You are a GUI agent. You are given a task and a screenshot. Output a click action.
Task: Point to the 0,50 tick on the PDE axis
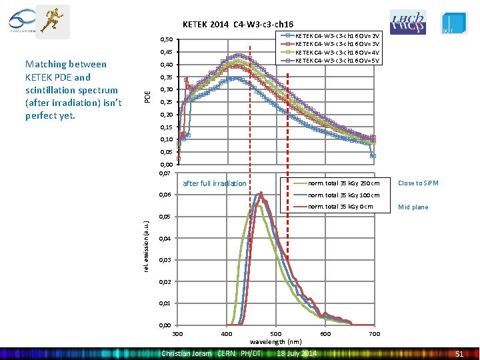pyautogui.click(x=167, y=40)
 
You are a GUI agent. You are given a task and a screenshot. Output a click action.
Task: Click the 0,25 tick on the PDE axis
pyautogui.click(x=167, y=102)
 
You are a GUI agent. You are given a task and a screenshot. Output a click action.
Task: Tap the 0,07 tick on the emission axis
pyautogui.click(x=167, y=173)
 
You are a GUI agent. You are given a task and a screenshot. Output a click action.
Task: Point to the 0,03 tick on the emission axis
pyautogui.click(x=167, y=260)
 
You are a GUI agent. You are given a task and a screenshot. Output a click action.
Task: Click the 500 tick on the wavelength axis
pyautogui.click(x=275, y=333)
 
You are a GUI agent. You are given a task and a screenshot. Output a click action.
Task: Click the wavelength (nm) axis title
pyautogui.click(x=275, y=341)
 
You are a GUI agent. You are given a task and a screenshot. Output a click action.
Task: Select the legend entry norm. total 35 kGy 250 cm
pyautogui.click(x=343, y=183)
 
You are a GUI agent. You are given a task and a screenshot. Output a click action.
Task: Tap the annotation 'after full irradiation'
pyautogui.click(x=214, y=183)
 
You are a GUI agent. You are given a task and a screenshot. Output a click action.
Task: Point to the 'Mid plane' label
pyautogui.click(x=413, y=207)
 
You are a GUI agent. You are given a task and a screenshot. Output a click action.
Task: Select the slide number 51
pyautogui.click(x=459, y=353)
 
